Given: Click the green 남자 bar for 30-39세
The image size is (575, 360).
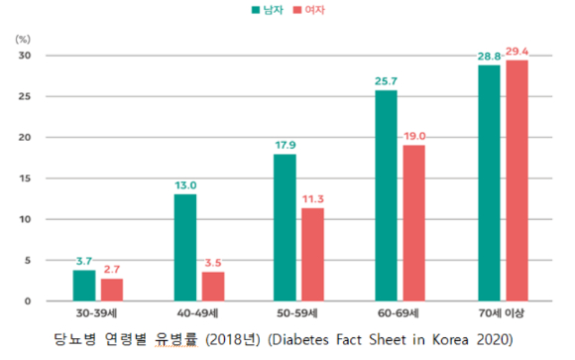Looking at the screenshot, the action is (x=84, y=286).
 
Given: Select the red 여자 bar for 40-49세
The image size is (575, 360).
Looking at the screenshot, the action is (x=213, y=287).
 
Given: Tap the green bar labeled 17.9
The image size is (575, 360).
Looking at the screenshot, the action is (x=285, y=227).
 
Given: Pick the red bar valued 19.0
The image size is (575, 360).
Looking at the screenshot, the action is (x=414, y=223).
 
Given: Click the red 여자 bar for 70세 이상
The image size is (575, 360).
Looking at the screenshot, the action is (x=517, y=180).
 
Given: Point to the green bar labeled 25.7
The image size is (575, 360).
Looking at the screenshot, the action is (x=387, y=195).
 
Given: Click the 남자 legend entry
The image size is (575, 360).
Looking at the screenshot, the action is (x=268, y=10).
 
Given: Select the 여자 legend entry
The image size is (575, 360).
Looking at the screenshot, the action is (x=308, y=10).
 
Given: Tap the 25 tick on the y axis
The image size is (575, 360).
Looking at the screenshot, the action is (x=25, y=96).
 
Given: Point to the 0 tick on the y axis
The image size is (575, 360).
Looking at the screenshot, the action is (x=28, y=301).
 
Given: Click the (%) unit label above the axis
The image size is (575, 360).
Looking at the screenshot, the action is (x=23, y=39).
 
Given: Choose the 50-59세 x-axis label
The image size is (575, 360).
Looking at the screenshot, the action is (x=297, y=313).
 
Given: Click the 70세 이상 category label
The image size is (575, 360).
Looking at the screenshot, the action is (x=502, y=313).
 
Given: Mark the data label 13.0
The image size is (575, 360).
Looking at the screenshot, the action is (x=185, y=185).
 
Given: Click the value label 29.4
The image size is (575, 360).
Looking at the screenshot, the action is (x=517, y=52).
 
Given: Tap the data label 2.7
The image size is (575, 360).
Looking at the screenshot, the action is (x=112, y=270).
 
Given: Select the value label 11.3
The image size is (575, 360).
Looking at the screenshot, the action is (x=313, y=199).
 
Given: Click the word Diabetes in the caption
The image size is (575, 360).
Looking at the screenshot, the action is (x=298, y=340).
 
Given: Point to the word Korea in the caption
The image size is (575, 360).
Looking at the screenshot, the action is (x=450, y=340).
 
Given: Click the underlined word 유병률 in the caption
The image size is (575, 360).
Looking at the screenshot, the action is (x=176, y=339).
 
